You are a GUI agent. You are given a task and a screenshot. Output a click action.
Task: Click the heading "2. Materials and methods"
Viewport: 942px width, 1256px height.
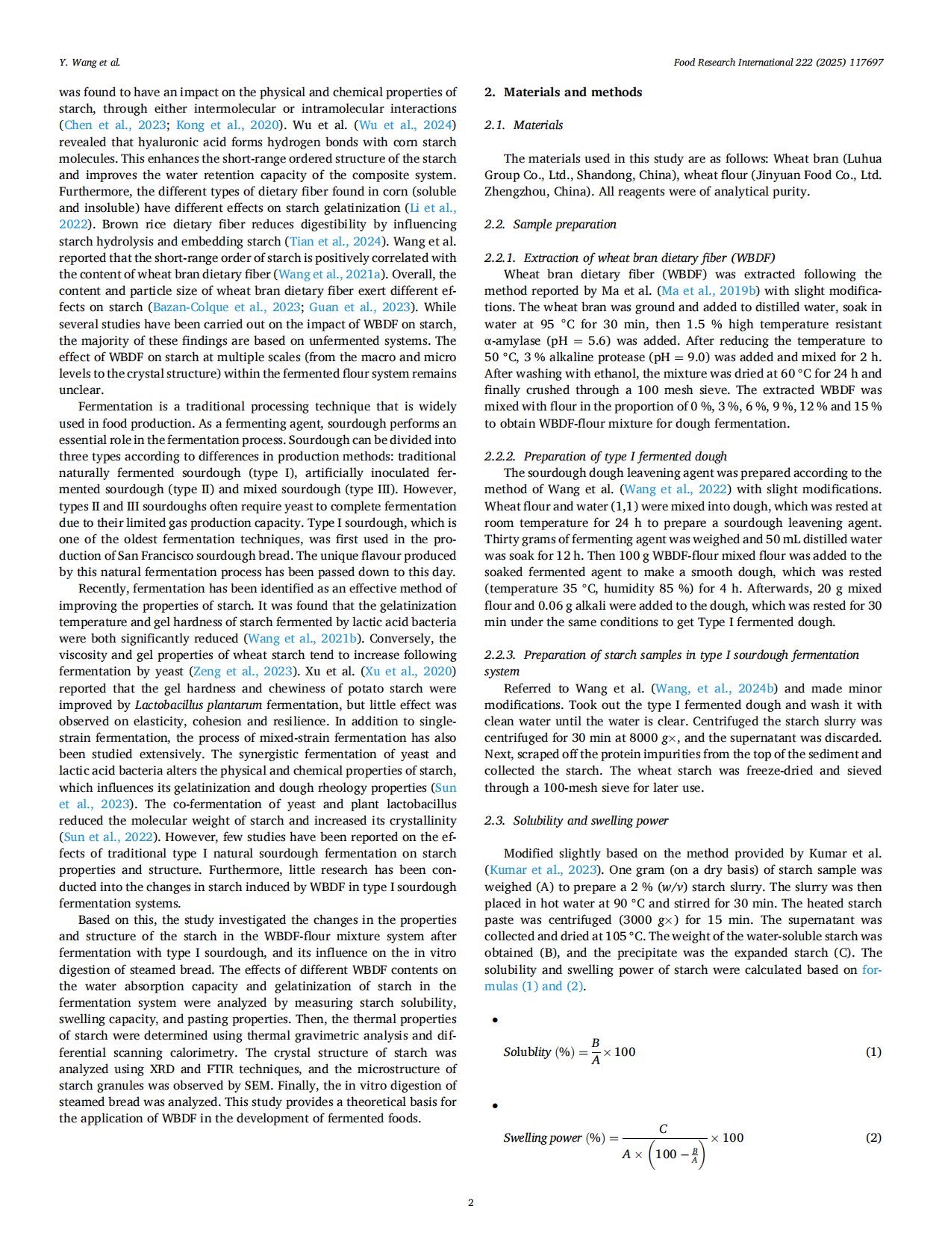coord(563,93)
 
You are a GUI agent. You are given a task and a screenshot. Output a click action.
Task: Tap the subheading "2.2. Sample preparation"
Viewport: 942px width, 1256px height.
coord(550,225)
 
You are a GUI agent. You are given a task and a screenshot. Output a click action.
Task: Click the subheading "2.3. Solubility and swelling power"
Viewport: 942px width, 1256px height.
coord(576,821)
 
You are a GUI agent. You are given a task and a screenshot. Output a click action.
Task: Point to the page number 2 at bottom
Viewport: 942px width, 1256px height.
coord(470,1202)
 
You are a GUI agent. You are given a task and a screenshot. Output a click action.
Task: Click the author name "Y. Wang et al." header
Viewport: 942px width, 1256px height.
coord(90,63)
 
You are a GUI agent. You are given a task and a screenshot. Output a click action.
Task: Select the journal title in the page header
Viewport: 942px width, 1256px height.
coord(778,63)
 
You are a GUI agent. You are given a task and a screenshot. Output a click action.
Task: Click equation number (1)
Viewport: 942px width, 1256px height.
coord(873,1052)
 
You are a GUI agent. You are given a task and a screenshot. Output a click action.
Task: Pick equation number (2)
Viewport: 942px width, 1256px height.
coord(873,1138)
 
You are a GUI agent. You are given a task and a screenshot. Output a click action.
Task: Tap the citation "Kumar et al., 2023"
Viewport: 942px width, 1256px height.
coord(543,870)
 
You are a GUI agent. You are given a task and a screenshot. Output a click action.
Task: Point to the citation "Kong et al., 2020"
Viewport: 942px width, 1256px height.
coord(227,125)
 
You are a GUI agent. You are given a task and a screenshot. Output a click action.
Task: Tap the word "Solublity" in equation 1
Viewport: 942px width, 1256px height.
coord(527,1052)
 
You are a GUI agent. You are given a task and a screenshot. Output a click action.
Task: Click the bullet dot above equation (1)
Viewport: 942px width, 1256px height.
coord(494,1020)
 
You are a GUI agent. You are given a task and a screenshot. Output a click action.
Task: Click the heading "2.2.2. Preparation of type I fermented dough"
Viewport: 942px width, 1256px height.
coord(605,457)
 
